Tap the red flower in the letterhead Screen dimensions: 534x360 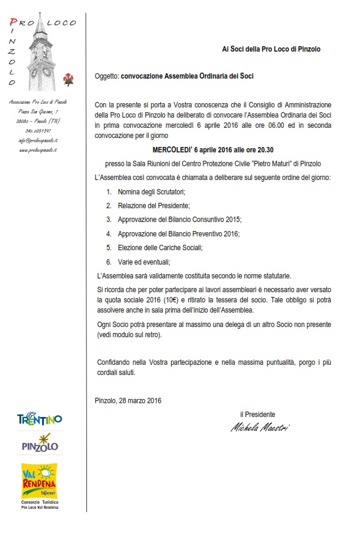point(68,79)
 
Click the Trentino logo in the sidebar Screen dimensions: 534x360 point(40,418)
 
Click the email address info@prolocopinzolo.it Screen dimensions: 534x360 point(38,139)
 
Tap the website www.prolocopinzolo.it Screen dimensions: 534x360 point(38,149)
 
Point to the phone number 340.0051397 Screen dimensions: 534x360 point(38,130)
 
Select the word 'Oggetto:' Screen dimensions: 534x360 point(107,77)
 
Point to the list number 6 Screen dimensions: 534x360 point(109,262)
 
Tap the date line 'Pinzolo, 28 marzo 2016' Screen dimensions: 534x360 point(128,400)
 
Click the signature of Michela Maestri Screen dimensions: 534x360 point(259,427)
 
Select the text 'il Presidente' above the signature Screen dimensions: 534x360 point(257,414)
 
